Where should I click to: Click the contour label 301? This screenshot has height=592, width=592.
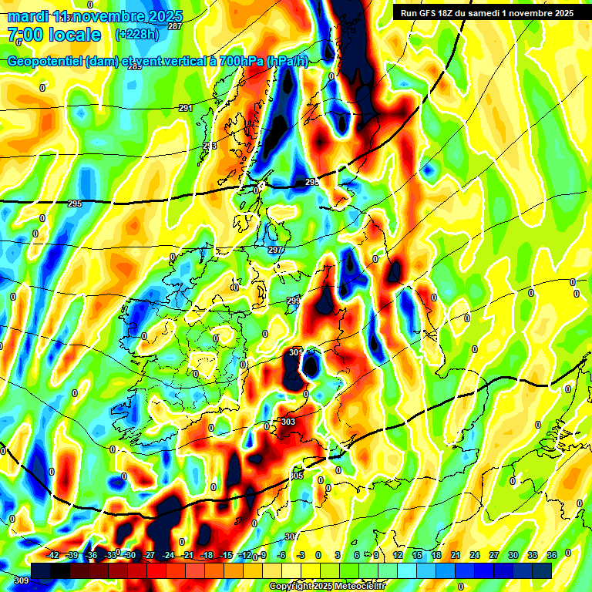tap(296, 352)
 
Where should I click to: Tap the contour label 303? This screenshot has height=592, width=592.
tap(288, 422)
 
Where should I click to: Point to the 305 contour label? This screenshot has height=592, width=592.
tap(298, 476)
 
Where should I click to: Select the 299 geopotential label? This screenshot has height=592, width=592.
tap(294, 301)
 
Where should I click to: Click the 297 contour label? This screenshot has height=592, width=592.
tap(275, 250)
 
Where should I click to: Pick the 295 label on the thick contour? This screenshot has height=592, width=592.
tap(74, 203)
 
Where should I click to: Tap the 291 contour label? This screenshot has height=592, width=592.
tap(185, 108)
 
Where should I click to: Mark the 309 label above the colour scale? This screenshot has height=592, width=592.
tap(21, 580)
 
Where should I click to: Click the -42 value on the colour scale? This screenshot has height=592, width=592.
tap(53, 555)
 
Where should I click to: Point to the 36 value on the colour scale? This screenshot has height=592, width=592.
tap(551, 555)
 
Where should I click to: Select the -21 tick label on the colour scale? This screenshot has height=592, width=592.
tap(187, 555)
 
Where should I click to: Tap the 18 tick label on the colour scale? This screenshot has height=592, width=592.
tap(436, 555)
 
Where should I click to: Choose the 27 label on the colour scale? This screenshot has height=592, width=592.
tap(494, 555)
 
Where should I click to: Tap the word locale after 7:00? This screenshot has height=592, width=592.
tap(74, 35)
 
